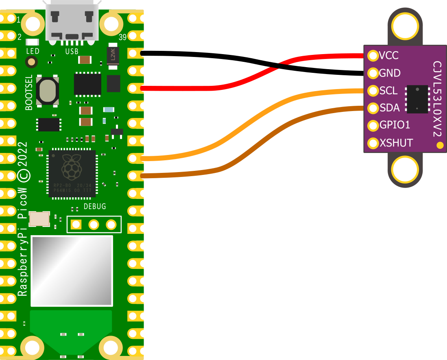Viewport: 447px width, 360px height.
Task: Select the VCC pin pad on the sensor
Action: click(373, 55)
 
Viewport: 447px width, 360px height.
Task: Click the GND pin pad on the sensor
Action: click(373, 73)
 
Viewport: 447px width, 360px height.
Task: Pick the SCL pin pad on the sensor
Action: click(373, 90)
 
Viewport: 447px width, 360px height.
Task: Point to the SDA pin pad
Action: click(373, 108)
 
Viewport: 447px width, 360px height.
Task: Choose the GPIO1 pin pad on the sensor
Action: click(373, 125)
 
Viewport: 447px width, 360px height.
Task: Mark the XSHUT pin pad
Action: click(373, 143)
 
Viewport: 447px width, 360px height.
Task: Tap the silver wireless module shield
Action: click(72, 271)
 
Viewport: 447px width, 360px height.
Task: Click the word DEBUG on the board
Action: click(95, 207)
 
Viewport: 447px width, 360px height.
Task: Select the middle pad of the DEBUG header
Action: click(94, 224)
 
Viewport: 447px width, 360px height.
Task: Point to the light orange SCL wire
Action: click(244, 122)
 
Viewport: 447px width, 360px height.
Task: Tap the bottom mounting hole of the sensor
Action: click(405, 170)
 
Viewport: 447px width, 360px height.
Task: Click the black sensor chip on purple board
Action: click(417, 99)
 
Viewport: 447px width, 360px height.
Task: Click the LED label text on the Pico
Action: click(33, 51)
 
